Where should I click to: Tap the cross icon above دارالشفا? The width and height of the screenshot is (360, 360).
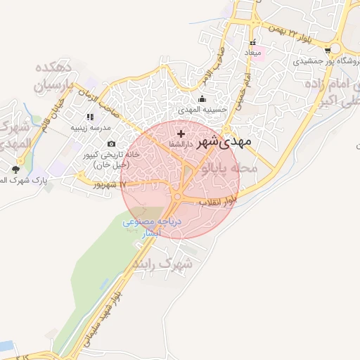click(181, 133)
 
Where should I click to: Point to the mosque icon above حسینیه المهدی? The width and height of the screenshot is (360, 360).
click(202, 98)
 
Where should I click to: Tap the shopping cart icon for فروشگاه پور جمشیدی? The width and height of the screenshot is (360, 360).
click(328, 51)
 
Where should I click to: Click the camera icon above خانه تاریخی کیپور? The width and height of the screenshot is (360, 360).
click(111, 143)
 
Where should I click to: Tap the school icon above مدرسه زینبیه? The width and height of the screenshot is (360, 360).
click(89, 117)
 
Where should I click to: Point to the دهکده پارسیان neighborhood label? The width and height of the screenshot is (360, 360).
click(58, 78)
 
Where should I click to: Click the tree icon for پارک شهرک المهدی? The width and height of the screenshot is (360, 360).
click(15, 169)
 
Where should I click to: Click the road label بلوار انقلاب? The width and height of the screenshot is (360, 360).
click(219, 202)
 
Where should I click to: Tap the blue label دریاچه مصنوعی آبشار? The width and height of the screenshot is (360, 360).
click(152, 226)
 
